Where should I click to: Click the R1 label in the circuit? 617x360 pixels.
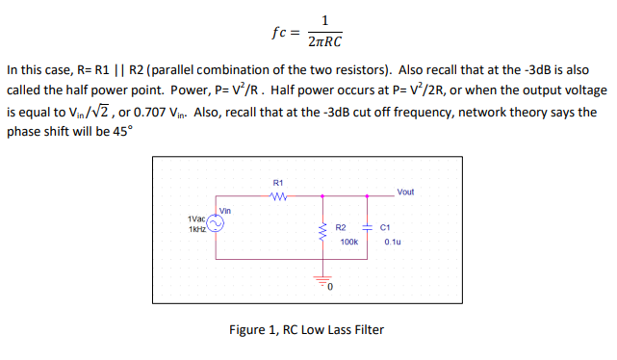click(x=278, y=182)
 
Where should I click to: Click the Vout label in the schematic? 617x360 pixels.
click(x=405, y=192)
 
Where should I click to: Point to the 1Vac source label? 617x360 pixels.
click(x=195, y=219)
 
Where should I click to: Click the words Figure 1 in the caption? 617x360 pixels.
click(x=254, y=330)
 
